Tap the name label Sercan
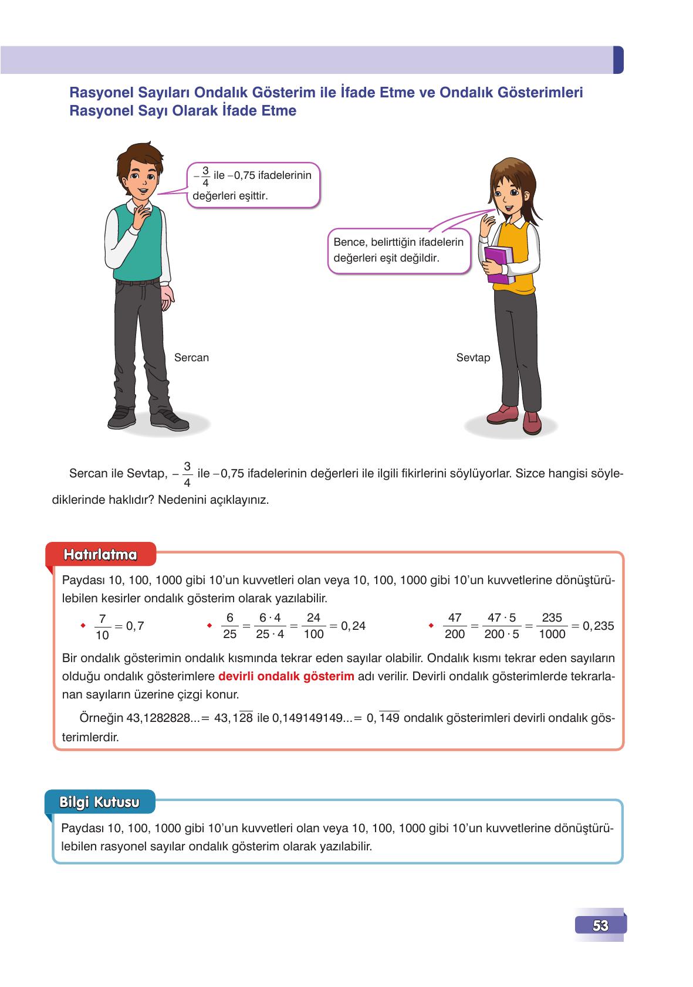191,358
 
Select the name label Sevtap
473,358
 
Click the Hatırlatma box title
101,555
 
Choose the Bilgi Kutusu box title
100,802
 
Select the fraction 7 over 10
102,626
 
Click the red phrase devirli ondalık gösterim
286,676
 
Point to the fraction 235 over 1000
552,626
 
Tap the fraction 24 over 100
314,626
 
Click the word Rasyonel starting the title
97,93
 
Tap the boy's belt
138,283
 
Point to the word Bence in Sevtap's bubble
346,242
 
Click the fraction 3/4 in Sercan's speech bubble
205,177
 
